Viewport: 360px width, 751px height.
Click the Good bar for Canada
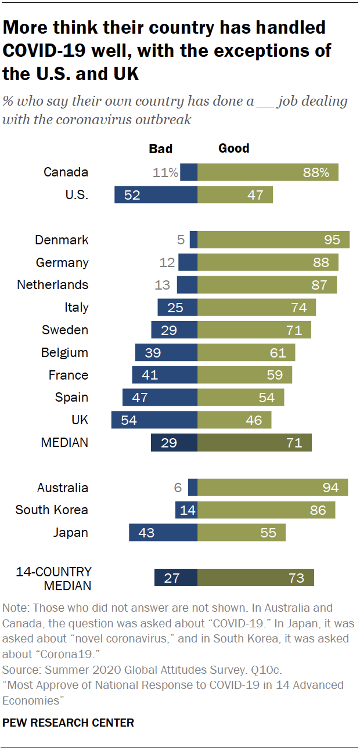pyautogui.click(x=268, y=172)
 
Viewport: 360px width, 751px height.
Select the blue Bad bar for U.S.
pyautogui.click(x=156, y=195)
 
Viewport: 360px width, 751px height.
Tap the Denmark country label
pyautogui.click(x=62, y=240)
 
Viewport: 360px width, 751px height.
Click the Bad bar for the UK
pyautogui.click(x=154, y=420)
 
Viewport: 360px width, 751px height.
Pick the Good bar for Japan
pyautogui.click(x=242, y=532)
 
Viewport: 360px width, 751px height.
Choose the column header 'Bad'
pyautogui.click(x=161, y=149)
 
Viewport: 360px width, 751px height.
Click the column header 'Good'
pyautogui.click(x=233, y=149)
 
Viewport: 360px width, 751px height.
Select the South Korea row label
pyautogui.click(x=52, y=510)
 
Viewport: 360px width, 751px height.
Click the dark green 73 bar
pyautogui.click(x=255, y=578)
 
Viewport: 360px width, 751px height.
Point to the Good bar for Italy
pyautogui.click(x=257, y=308)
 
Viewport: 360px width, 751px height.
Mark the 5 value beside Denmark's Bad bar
pyautogui.click(x=181, y=240)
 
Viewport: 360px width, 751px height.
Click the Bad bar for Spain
pyautogui.click(x=160, y=398)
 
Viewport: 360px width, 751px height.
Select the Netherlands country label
pyautogui.click(x=53, y=285)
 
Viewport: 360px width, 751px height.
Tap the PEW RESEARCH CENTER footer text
pyautogui.click(x=69, y=723)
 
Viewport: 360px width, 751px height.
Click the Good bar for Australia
pyautogui.click(x=273, y=488)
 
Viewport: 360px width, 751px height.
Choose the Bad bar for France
pyautogui.click(x=165, y=375)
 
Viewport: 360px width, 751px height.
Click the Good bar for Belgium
pyautogui.click(x=246, y=353)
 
